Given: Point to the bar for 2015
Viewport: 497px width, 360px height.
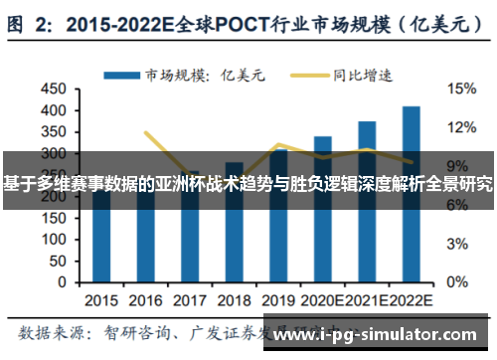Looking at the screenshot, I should coord(101,239).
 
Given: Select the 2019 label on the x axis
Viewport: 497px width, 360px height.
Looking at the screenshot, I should coord(278,299).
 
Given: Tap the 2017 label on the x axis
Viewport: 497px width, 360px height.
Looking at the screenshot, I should coord(190,299).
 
